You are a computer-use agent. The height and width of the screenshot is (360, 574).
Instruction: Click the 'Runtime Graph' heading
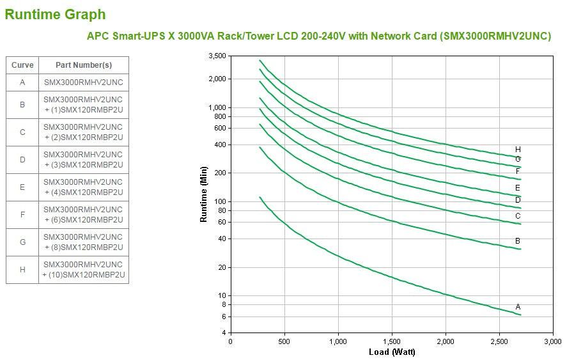click(55, 14)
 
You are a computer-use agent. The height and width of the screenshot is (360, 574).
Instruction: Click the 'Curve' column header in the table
click(22, 65)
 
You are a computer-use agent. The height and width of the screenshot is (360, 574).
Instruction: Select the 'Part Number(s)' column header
click(83, 65)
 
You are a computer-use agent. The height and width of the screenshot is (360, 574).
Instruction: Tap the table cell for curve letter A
click(22, 82)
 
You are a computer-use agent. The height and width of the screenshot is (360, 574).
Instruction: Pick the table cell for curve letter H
click(22, 270)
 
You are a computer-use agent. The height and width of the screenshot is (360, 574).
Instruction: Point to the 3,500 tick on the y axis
click(217, 56)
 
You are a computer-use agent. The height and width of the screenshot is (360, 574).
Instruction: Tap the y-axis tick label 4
click(224, 333)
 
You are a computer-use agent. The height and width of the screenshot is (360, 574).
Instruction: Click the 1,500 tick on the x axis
click(392, 341)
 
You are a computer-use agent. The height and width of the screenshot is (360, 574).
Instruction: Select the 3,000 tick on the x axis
click(552, 341)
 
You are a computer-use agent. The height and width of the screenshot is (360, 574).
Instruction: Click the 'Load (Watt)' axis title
click(392, 352)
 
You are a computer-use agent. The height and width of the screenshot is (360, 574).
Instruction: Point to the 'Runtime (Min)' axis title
click(204, 194)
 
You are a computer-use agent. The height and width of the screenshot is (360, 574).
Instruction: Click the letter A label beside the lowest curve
click(518, 307)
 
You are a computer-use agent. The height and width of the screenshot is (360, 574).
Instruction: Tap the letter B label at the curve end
click(518, 241)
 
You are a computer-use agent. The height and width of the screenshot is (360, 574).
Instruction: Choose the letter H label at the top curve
click(518, 150)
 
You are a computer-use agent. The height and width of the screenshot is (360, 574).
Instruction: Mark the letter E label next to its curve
click(518, 188)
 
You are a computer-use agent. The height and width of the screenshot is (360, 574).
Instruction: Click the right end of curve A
click(520, 315)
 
